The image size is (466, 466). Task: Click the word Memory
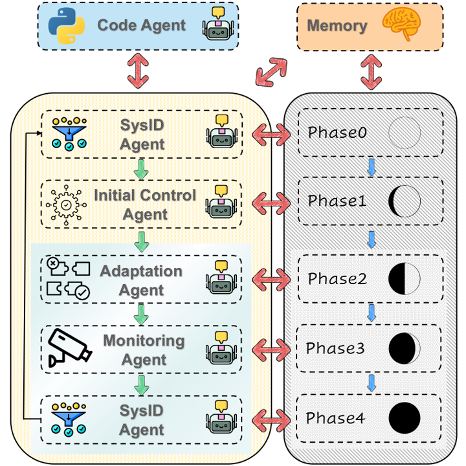[337, 27]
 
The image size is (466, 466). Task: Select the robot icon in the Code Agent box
[218, 25]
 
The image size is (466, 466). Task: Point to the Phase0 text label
[337, 132]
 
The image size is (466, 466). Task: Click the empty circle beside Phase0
[405, 133]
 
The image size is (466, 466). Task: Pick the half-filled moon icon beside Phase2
[405, 279]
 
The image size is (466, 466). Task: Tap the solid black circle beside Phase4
[405, 418]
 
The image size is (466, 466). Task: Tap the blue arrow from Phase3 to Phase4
[372, 383]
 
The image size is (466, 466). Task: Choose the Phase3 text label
[337, 348]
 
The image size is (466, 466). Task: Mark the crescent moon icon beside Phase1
[404, 201]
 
